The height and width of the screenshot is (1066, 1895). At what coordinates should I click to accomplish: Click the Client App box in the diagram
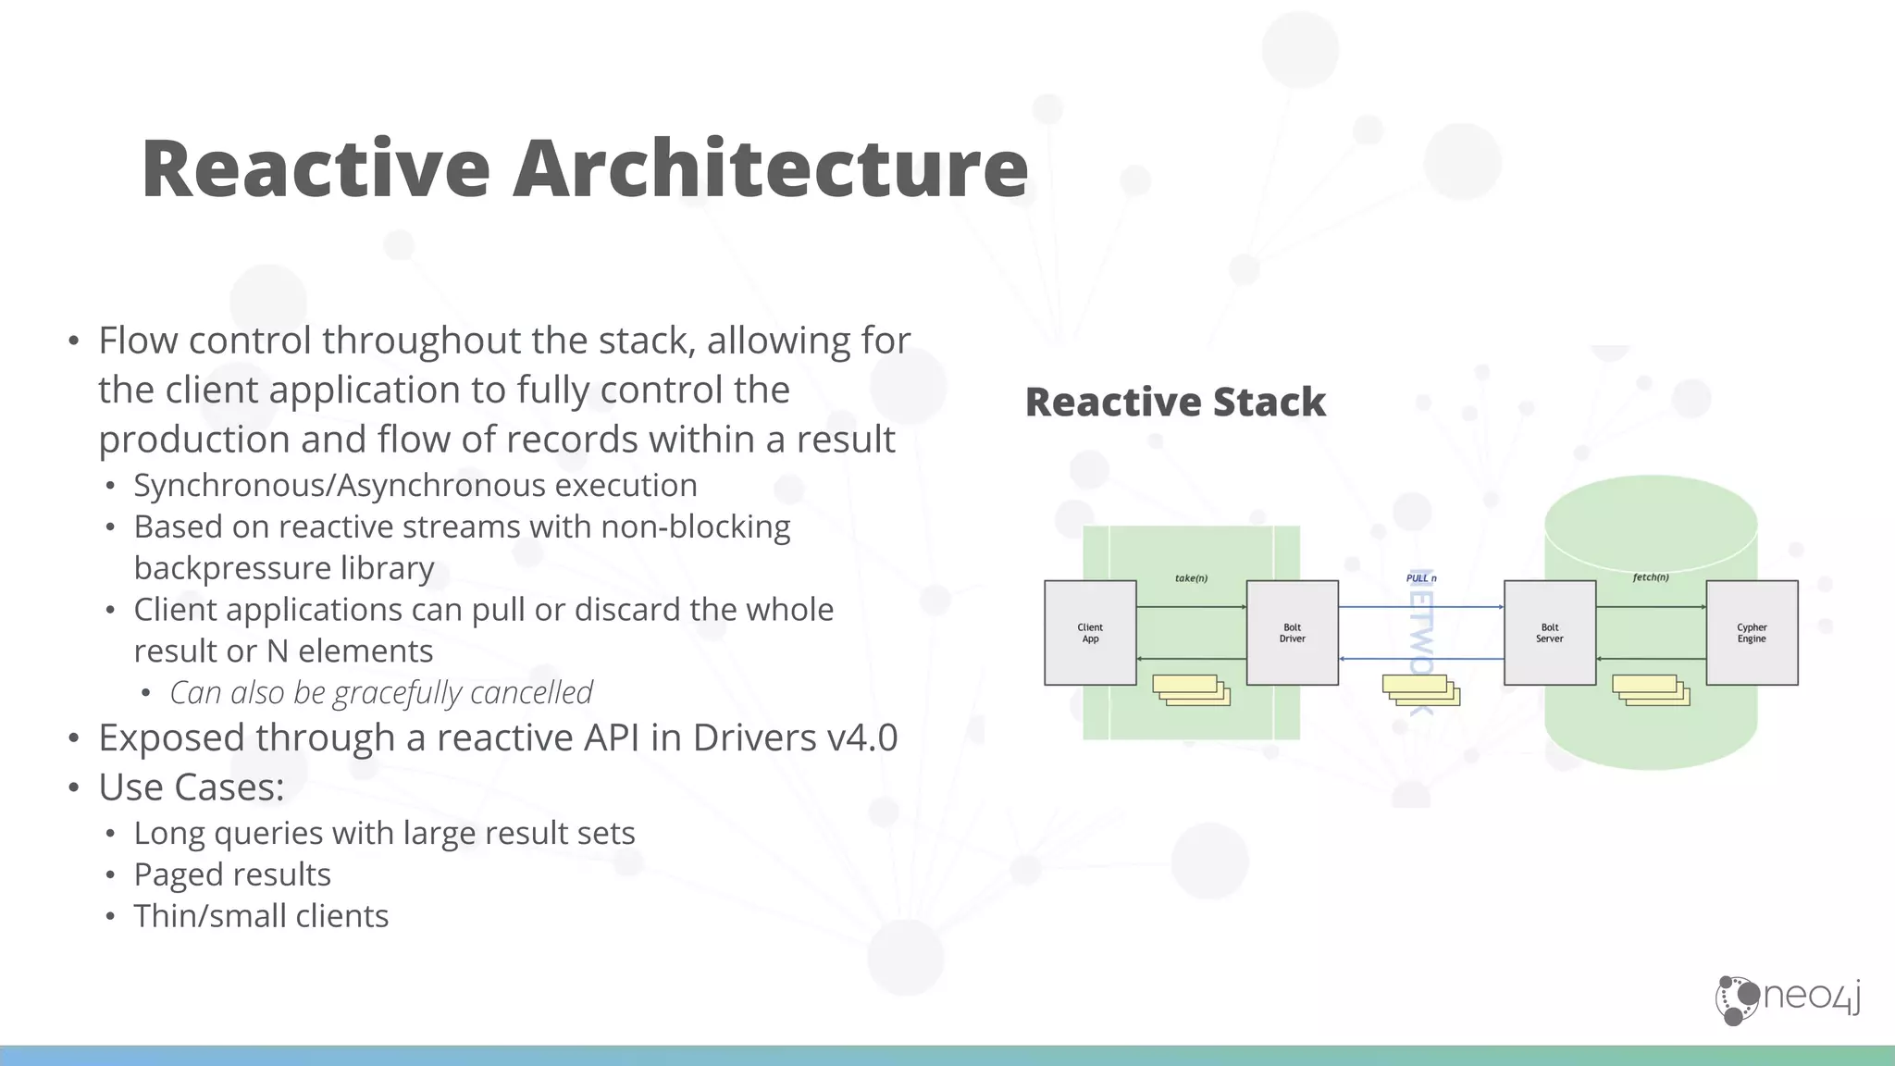pos(1090,633)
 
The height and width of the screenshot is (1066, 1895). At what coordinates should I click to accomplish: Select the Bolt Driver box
pos(1292,633)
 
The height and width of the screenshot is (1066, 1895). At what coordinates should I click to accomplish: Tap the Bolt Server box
pos(1549,633)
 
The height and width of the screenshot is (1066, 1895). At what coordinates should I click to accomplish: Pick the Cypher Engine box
pos(1752,633)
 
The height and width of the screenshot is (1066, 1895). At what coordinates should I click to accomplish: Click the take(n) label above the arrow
pos(1191,578)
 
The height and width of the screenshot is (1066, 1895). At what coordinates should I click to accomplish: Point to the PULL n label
pos(1421,578)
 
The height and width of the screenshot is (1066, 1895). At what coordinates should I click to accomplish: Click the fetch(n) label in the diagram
pos(1651,577)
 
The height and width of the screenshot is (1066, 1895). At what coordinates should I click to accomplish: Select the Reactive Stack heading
pos(1175,403)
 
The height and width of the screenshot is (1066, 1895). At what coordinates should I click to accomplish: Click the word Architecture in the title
pos(770,168)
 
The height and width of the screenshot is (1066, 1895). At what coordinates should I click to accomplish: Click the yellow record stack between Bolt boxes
pos(1420,690)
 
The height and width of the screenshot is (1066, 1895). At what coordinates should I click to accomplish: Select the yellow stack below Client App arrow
pos(1191,690)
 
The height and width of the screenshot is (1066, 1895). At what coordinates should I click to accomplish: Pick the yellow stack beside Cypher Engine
pos(1651,690)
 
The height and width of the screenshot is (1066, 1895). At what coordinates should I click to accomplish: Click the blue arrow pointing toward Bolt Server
pos(1420,607)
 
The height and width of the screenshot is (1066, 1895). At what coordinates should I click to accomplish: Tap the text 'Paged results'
pos(232,874)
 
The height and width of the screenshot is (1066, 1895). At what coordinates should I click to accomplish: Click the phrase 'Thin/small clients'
pos(261,916)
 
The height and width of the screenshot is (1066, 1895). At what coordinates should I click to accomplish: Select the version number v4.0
pos(862,738)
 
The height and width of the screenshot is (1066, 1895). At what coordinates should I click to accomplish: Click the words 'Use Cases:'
pos(192,787)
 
